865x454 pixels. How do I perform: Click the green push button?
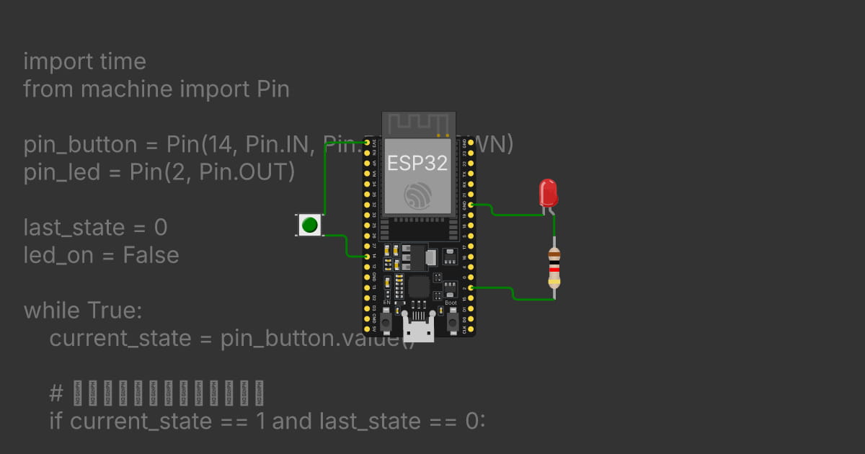coord(310,225)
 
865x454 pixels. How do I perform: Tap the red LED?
coord(548,193)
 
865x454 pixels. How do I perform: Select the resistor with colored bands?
coord(554,267)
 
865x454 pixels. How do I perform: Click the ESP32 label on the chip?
coord(417,163)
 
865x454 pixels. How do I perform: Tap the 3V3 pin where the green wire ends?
coord(367,143)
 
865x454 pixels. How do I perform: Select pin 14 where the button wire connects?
coord(367,257)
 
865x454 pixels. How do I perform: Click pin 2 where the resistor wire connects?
coord(471,288)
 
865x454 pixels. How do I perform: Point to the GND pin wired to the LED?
coord(471,205)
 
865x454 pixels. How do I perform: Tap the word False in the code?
coord(151,255)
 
